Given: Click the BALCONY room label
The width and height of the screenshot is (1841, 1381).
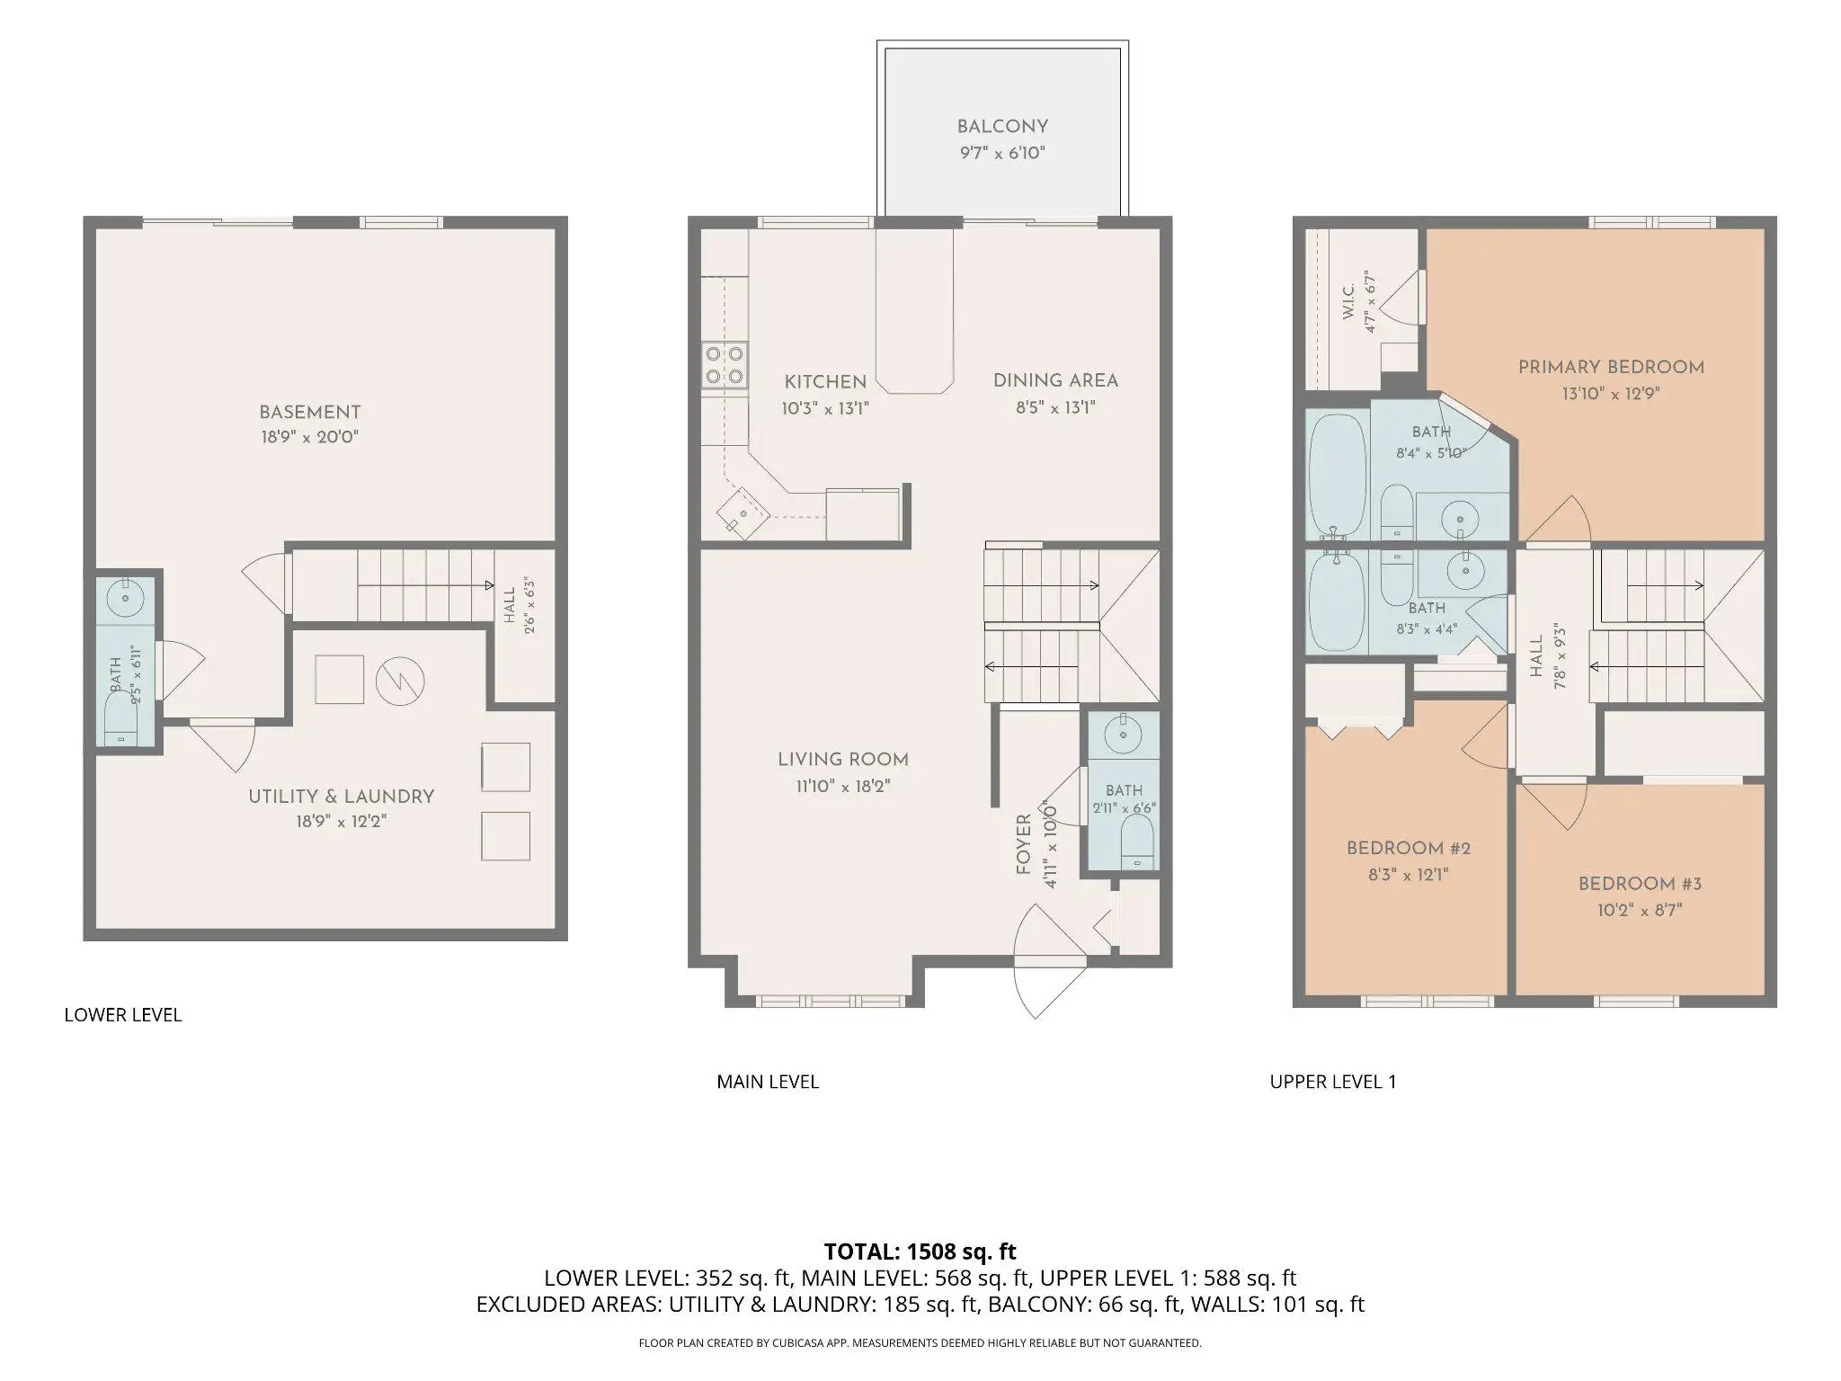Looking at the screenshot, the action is pos(1002,127).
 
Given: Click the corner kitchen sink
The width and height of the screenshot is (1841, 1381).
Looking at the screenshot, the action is pos(743,513).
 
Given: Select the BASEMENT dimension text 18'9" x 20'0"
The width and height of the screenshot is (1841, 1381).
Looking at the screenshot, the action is pos(309,438).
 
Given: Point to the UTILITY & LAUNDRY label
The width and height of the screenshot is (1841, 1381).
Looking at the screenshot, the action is pos(342,797).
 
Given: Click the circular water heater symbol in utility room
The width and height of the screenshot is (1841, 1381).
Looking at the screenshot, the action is pos(399,681).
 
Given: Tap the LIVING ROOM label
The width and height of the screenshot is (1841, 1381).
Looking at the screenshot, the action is pos(843,760).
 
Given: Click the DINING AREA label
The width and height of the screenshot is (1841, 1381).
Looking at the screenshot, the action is pos(1055,380).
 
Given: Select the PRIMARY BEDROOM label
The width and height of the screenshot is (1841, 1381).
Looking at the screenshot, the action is pos(1611,367).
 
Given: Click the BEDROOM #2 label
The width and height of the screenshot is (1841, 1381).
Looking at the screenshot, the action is pos(1409,848).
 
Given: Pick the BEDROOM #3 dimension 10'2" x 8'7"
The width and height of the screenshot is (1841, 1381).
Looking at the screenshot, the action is pos(1640,910).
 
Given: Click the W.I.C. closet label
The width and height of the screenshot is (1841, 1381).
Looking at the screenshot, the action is pos(1349,302).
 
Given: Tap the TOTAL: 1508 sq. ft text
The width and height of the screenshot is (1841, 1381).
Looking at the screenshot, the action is pos(920,1251).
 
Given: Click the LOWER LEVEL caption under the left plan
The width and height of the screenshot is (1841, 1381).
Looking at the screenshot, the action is pos(123,1015).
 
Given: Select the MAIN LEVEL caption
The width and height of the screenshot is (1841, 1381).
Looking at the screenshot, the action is pos(768,1082).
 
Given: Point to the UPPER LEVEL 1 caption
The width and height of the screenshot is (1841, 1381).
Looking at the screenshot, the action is pos(1333,1082).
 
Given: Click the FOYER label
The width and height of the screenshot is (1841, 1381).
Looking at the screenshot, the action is pos(1023,844).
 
